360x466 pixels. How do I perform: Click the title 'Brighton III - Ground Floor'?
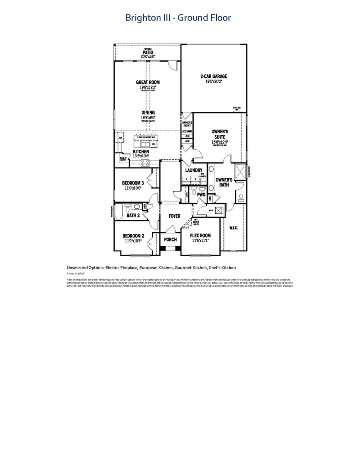pos(178,18)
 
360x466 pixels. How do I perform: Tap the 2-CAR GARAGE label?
pos(214,76)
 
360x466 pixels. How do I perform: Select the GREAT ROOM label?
pos(147,82)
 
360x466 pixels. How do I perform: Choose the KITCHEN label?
pos(141,152)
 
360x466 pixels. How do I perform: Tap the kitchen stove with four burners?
pos(145,163)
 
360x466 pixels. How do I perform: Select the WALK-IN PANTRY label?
pos(122,159)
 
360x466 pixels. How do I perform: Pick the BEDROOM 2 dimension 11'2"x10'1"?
pos(133,241)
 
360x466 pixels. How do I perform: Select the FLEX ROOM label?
pos(200,235)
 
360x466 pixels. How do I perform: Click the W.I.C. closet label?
pos(234,228)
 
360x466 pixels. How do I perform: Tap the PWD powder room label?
pos(201,195)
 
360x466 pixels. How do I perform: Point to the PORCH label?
pos(170,239)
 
